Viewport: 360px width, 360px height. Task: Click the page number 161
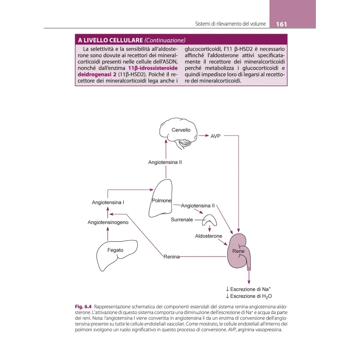[282, 23]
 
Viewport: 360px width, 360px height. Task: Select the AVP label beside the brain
[216, 135]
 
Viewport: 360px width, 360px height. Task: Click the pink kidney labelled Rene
[239, 252]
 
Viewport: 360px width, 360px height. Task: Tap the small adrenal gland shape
[209, 220]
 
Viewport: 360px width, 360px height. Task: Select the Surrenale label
[182, 220]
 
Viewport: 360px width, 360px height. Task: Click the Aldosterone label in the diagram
[208, 236]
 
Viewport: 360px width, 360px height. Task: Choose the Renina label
[171, 256]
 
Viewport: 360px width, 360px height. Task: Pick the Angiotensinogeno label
[108, 222]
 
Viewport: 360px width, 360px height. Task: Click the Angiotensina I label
[108, 202]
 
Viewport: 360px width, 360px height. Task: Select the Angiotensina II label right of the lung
[198, 206]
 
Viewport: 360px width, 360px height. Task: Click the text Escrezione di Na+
[251, 289]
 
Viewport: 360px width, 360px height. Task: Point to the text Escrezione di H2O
[251, 297]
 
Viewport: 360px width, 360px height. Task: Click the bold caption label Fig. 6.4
[84, 307]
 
